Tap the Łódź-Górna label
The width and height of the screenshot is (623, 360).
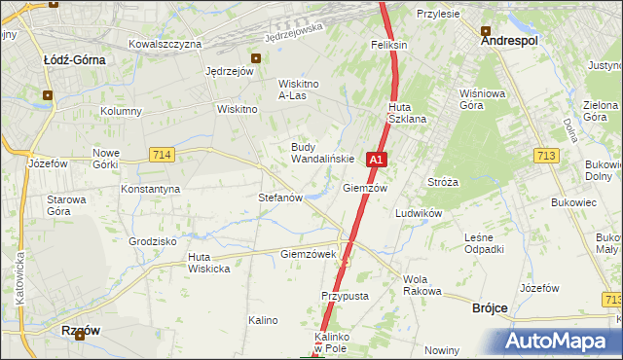coord(75,59)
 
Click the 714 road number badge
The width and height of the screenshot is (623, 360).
coord(163,154)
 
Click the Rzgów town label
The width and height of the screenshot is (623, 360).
coord(82,330)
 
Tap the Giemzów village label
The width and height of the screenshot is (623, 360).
coord(366,188)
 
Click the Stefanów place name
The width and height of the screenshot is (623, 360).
coord(281,197)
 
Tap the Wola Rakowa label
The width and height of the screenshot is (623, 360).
coord(422,285)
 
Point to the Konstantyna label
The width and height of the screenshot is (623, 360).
coord(150,188)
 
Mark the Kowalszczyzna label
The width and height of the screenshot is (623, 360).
coord(165,44)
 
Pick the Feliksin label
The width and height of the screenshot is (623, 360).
coord(388,46)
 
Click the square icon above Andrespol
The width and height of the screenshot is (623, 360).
coord(484,29)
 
